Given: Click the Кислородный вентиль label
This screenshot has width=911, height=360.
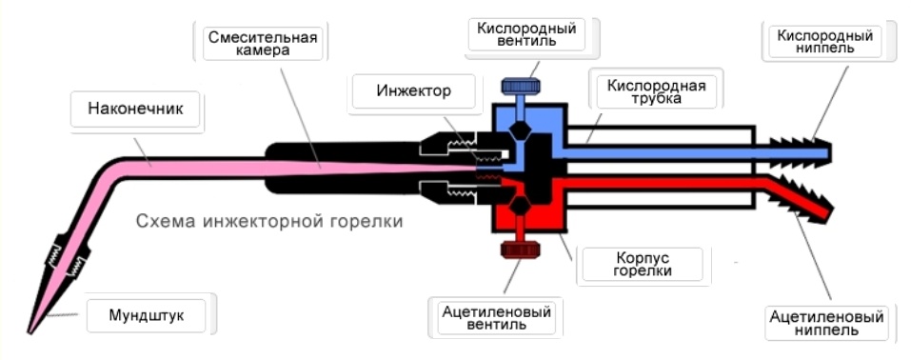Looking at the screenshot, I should (x=526, y=35).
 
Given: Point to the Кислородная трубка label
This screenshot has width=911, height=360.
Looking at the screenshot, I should (x=656, y=92).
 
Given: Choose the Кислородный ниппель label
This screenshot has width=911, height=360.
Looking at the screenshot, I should (x=824, y=43).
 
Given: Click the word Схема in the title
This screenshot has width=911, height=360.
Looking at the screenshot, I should (x=163, y=221).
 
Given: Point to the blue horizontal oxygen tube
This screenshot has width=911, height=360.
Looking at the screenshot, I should (x=657, y=150).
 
